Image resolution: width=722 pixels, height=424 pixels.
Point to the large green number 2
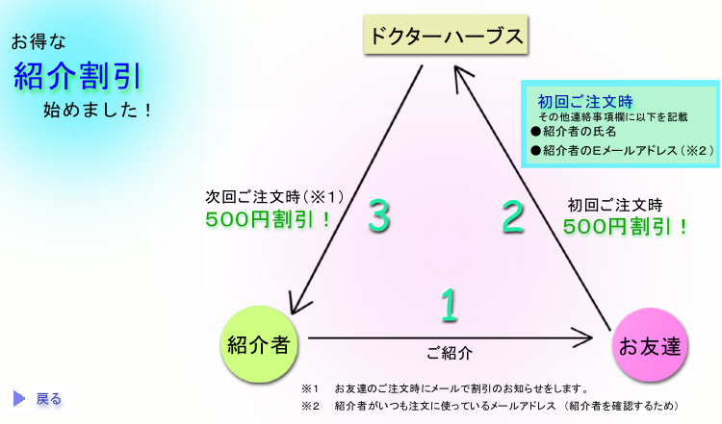click(x=513, y=217)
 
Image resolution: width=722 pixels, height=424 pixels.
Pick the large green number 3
click(x=378, y=217)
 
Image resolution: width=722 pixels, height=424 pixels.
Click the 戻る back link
click(x=49, y=398)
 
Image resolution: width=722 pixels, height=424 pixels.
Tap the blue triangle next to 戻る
click(x=19, y=398)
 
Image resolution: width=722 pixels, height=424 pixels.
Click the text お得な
click(x=38, y=42)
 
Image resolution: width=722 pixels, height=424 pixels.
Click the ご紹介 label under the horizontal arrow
click(x=449, y=353)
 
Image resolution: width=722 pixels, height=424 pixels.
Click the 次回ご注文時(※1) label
click(x=274, y=196)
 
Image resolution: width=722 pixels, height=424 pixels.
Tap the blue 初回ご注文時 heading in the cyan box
click(x=571, y=100)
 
